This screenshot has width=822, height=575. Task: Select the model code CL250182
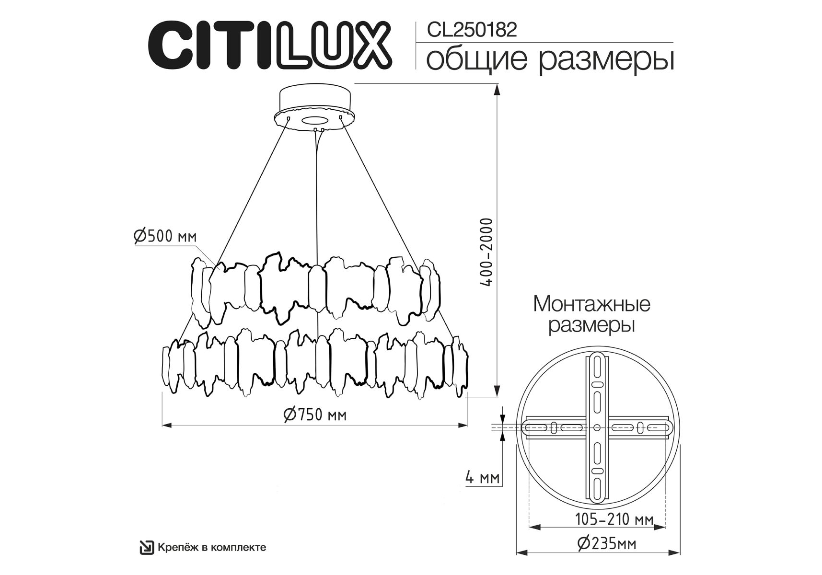tap(472, 30)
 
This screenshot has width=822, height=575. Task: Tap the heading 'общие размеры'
tap(550, 59)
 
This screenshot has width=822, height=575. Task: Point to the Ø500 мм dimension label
tap(165, 237)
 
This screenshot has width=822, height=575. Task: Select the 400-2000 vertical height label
tap(486, 252)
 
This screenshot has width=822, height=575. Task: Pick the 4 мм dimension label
tap(482, 477)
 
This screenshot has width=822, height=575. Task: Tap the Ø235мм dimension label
tap(607, 543)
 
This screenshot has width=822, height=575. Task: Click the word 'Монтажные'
tap(591, 304)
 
